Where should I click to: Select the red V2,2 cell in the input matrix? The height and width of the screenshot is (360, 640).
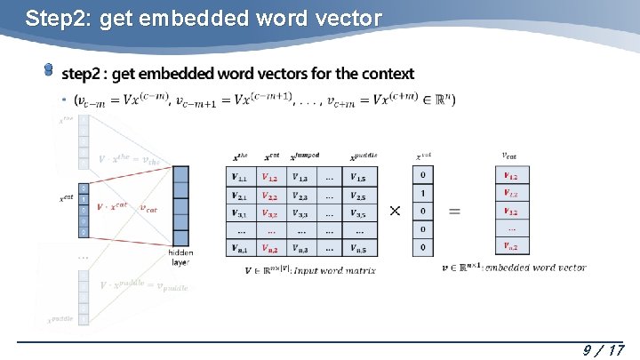(272, 195)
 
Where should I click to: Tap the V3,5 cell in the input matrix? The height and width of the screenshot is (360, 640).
(360, 213)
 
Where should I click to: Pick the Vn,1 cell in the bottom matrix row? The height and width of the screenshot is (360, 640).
(242, 248)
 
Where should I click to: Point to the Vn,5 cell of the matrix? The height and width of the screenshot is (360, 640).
(360, 248)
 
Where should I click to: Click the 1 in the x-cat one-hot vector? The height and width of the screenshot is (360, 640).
(423, 193)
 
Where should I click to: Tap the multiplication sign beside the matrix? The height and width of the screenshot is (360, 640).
(394, 212)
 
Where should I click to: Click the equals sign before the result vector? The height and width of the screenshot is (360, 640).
(454, 212)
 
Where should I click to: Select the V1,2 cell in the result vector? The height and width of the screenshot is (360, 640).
(511, 175)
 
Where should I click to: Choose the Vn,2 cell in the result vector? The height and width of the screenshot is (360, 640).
(511, 246)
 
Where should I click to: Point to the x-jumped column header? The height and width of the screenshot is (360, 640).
(304, 157)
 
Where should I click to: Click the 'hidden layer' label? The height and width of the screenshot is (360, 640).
(181, 258)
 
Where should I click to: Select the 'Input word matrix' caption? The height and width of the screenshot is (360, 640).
(334, 269)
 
